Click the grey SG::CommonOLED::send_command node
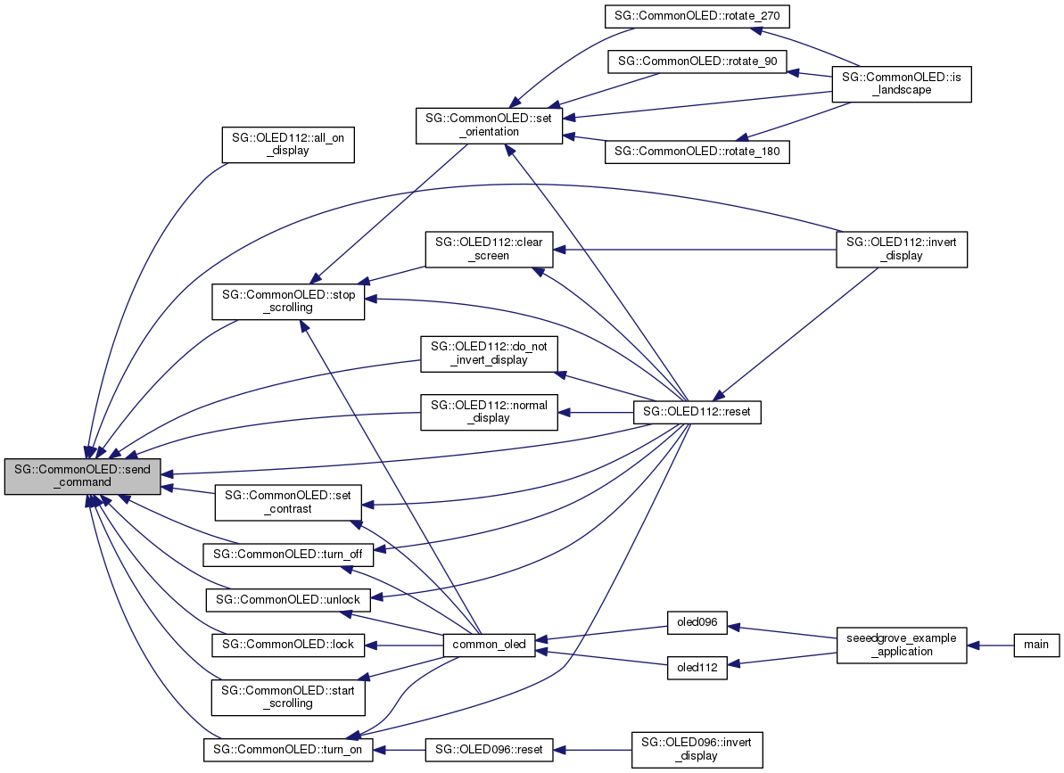tap(82, 475)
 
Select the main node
tap(1035, 645)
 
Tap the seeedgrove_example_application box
tap(902, 645)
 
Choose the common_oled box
tap(490, 645)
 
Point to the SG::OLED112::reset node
tap(697, 413)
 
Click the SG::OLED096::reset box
tap(490, 750)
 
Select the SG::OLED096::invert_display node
tap(697, 750)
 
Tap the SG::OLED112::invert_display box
tap(902, 249)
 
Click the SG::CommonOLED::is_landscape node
tap(902, 83)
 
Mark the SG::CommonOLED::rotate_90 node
tap(697, 62)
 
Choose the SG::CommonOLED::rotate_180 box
tap(697, 152)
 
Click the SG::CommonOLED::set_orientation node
tap(489, 126)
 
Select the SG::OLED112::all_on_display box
tap(288, 144)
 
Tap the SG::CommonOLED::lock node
tap(288, 645)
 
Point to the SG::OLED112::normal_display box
tap(489, 413)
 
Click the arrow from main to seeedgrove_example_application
tap(990, 645)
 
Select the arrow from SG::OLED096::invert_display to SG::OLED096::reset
tap(592, 750)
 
